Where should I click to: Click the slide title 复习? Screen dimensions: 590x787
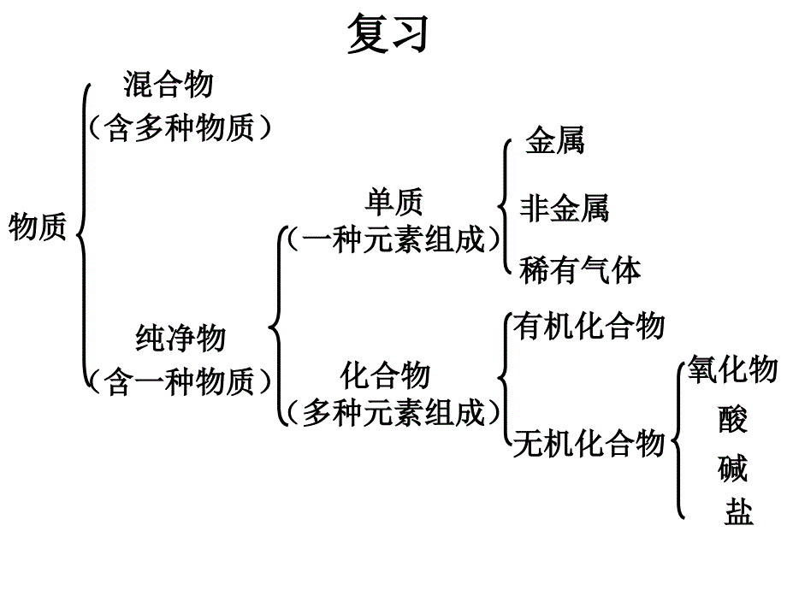(x=387, y=36)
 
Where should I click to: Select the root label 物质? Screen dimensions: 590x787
(x=38, y=228)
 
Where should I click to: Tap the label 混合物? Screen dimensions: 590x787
(x=169, y=85)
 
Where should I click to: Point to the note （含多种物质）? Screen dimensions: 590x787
(x=180, y=128)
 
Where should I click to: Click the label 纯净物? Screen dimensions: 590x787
(x=180, y=339)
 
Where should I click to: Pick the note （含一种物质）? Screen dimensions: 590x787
(x=180, y=381)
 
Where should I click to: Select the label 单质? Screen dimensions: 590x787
(x=394, y=202)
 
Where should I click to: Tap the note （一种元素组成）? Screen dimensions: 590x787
(x=394, y=239)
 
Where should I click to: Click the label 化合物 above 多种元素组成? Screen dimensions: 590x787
(x=386, y=375)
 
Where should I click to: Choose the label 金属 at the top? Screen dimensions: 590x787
(x=555, y=140)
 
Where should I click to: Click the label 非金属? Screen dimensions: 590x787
(x=565, y=208)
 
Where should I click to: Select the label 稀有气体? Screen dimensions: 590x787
(x=580, y=270)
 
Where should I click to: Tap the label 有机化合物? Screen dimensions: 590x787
(x=589, y=327)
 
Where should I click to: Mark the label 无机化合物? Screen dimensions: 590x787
(x=589, y=444)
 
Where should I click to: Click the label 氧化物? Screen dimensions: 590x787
(x=732, y=369)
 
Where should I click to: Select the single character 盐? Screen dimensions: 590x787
(x=738, y=513)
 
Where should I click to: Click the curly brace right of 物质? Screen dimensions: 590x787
(x=82, y=231)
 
